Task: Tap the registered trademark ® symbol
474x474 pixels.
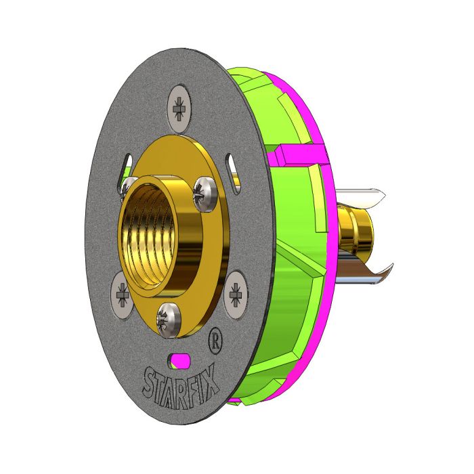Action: [x=214, y=337]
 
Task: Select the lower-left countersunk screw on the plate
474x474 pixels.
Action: [x=121, y=295]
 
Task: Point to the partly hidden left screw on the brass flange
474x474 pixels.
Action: [x=127, y=186]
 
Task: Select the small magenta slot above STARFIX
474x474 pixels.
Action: [x=179, y=360]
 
